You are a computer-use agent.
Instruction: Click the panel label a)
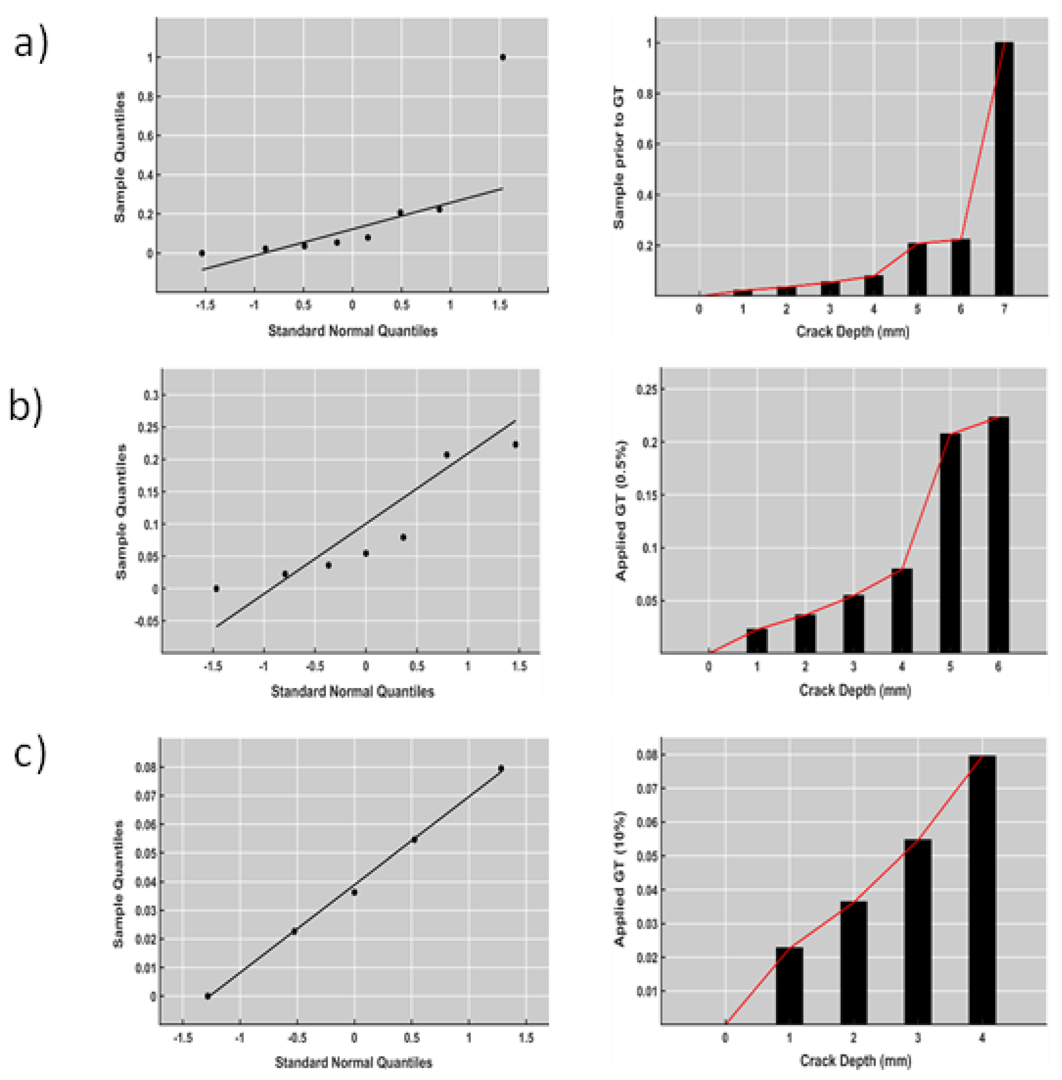(31, 44)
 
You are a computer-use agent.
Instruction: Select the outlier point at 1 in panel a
(503, 57)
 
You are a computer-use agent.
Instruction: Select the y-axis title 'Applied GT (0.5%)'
(621, 511)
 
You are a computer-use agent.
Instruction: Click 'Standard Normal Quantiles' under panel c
(354, 1063)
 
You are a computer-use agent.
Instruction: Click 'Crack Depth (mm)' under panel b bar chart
(855, 691)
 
